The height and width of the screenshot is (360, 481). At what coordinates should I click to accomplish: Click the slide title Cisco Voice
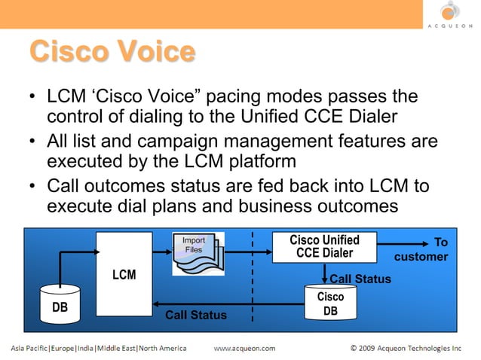click(112, 53)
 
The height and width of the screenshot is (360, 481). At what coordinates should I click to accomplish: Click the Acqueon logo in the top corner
click(449, 14)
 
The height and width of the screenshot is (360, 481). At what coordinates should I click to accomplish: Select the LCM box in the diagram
click(124, 274)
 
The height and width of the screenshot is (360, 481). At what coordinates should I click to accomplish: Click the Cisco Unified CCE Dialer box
click(324, 246)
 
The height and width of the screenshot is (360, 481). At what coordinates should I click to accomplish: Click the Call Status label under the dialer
click(360, 279)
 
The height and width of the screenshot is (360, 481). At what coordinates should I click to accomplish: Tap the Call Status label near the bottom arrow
click(196, 315)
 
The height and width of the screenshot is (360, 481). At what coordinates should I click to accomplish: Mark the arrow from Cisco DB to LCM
click(226, 306)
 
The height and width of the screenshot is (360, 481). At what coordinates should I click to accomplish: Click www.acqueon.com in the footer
click(245, 349)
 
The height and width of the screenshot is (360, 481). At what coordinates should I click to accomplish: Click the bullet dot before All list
click(32, 143)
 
